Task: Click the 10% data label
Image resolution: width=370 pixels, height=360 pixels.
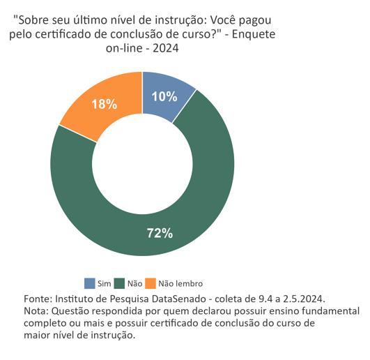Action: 164,97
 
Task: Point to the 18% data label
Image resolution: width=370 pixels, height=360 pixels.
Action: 104,104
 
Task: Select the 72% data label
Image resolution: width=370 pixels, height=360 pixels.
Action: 160,233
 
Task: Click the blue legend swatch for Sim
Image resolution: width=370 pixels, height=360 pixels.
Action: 90,283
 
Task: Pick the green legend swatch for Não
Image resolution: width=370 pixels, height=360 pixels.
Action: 121,283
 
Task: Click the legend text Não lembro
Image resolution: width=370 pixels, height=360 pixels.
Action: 180,284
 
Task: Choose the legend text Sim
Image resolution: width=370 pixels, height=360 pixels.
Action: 105,284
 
